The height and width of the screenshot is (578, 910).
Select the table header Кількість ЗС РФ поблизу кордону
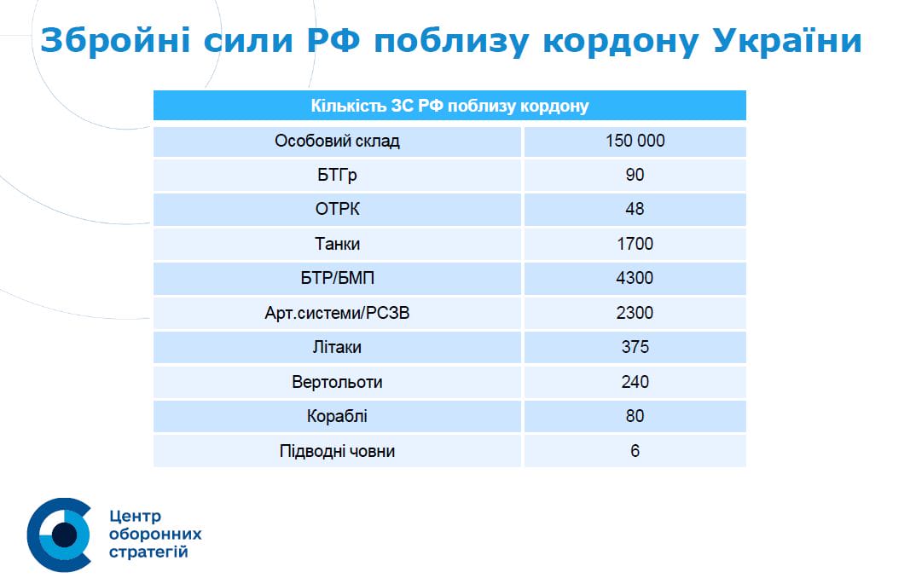(x=449, y=107)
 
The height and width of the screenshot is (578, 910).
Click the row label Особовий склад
(x=337, y=142)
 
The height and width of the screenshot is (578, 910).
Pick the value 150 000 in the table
(x=635, y=142)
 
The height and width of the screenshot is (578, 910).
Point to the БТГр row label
(x=337, y=176)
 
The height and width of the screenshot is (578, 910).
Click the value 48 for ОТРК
(x=635, y=210)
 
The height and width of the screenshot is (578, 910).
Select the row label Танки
(x=337, y=245)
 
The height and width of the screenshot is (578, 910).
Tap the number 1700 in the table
(x=635, y=245)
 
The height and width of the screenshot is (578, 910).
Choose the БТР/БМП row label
(x=337, y=279)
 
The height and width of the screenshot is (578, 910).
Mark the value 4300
(x=635, y=279)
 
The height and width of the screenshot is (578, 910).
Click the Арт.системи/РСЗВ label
(x=337, y=314)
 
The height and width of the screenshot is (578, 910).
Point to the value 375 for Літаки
(x=635, y=348)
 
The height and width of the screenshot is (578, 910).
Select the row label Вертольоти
(x=337, y=382)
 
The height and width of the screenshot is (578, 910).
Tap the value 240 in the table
(x=635, y=382)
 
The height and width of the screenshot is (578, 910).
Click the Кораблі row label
(x=337, y=417)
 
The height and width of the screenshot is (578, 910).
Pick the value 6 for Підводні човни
(x=635, y=451)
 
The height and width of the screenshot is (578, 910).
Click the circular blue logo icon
(x=60, y=535)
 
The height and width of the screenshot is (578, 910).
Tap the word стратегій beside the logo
(x=149, y=553)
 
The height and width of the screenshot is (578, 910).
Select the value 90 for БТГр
(x=635, y=176)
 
